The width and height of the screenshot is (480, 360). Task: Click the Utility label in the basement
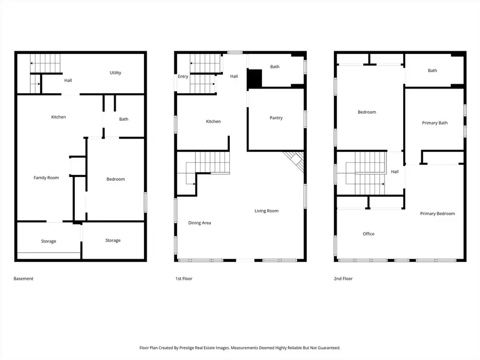116,73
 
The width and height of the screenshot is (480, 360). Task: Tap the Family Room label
46,178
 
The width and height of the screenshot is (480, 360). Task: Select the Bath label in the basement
124,119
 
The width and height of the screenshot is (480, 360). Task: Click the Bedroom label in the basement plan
115,179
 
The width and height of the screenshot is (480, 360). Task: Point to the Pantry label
276,118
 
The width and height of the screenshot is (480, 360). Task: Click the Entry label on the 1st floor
183,77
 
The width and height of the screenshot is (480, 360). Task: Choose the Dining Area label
199,223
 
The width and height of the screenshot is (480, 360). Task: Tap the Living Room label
267,211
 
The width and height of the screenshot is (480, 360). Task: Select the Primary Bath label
435,123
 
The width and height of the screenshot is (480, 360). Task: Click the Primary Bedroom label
437,214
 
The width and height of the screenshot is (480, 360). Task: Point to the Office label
369,234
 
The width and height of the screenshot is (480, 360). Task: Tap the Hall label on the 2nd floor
395,172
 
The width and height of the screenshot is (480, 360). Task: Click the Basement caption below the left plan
23,278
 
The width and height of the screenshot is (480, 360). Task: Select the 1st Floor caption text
183,278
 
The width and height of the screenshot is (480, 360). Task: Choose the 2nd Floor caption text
343,278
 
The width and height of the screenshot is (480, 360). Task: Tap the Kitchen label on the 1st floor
213,122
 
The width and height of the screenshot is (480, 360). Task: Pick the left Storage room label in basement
49,242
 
